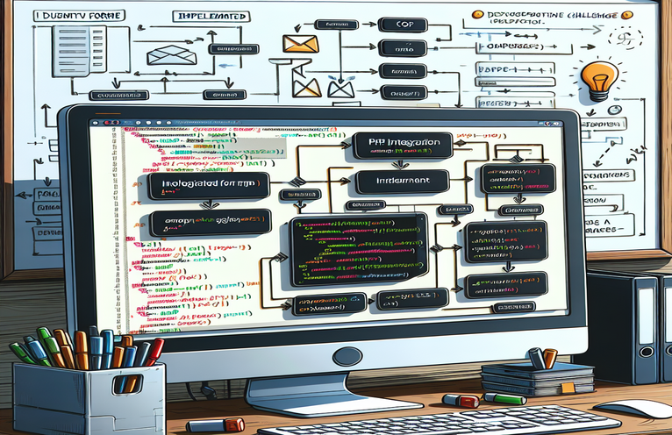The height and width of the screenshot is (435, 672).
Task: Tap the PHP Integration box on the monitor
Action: [x=404, y=146]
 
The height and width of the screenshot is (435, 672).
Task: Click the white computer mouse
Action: [x=635, y=409]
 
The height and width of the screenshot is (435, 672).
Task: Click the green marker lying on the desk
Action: [x=506, y=399]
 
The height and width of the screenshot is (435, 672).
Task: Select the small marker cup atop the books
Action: [x=543, y=358]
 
